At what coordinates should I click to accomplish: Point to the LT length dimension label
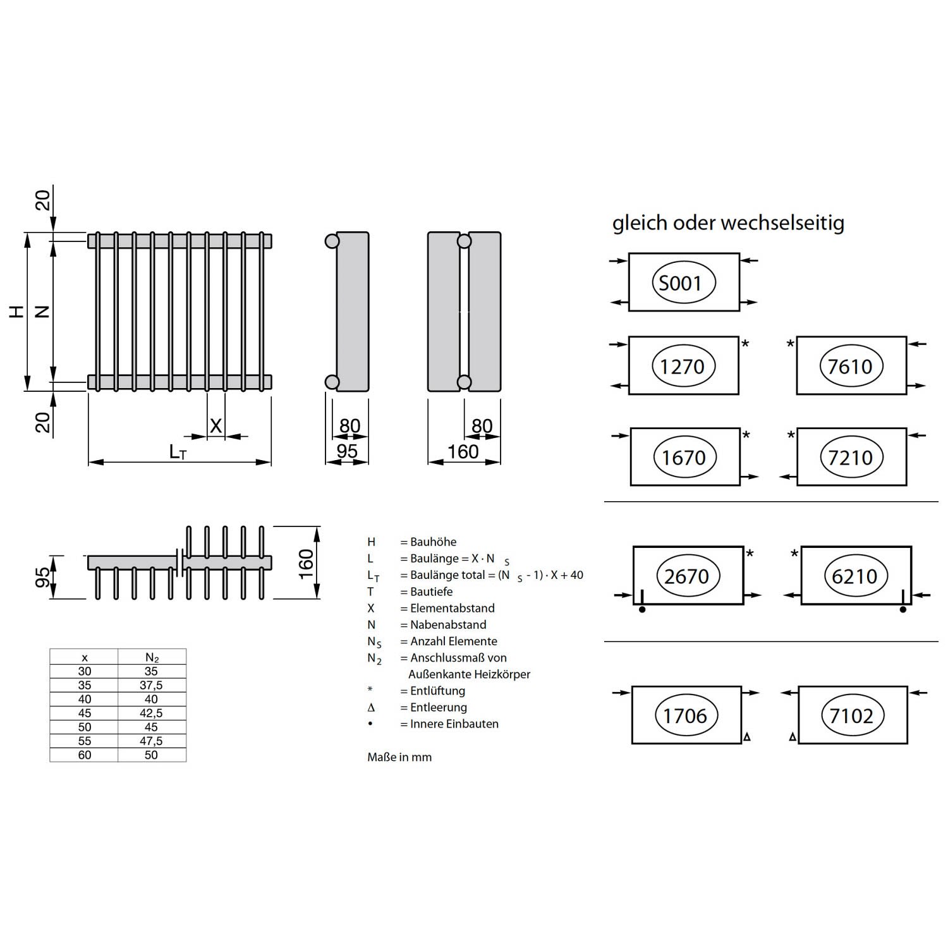coord(178,452)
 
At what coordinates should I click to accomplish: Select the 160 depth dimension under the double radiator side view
coord(463,451)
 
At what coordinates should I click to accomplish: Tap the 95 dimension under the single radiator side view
coord(347,451)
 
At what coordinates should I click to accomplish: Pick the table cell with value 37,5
coord(151,686)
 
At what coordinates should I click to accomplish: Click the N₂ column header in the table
coord(152,658)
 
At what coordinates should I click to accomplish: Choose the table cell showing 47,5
coord(151,741)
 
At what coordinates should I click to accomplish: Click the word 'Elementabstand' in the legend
coord(453,608)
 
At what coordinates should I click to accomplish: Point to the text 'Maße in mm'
coord(399,757)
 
